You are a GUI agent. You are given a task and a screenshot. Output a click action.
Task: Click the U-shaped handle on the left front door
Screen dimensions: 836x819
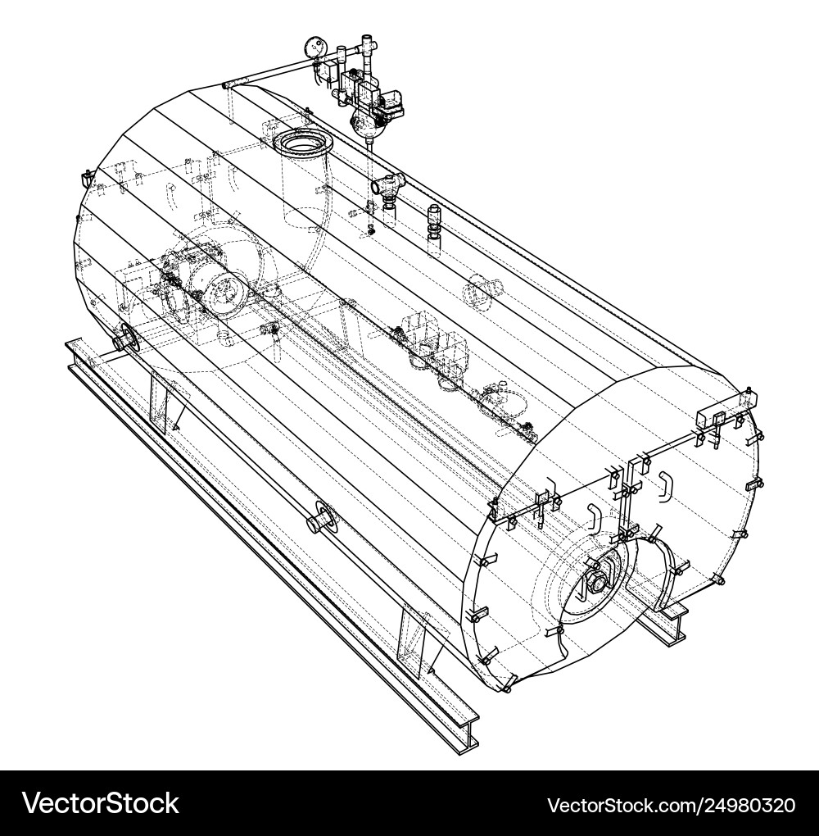(x=593, y=520)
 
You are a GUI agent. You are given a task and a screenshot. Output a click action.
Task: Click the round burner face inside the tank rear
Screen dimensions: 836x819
(x=224, y=291)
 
